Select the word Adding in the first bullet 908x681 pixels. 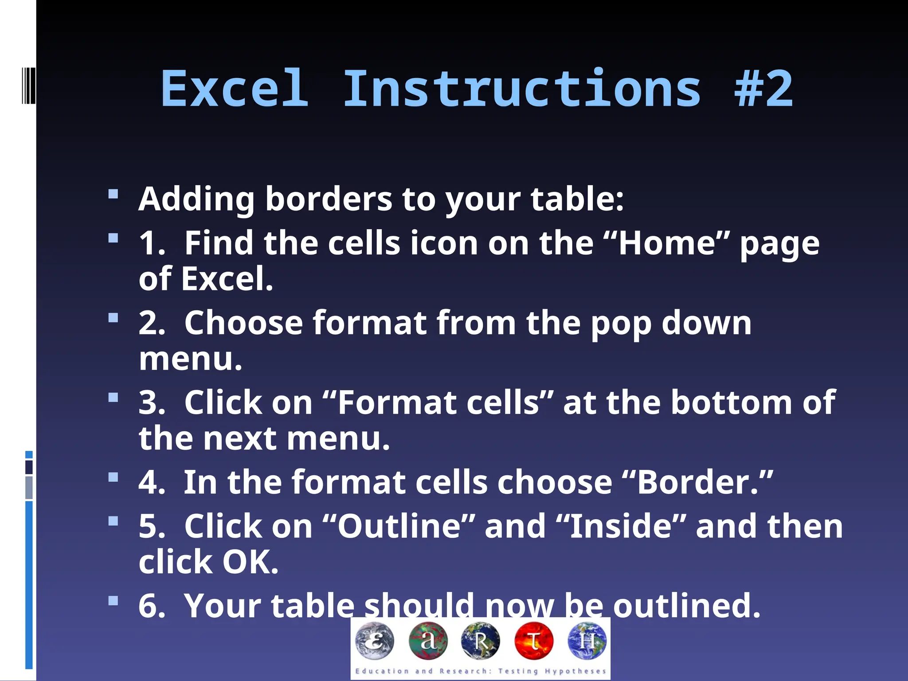tap(196, 199)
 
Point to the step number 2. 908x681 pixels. tap(151, 323)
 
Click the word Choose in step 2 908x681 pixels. tap(243, 323)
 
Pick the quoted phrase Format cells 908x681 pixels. tap(438, 403)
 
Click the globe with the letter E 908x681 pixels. tap(375, 641)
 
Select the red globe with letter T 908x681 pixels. tap(534, 641)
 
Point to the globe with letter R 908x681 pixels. tap(481, 641)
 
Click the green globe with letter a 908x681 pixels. tap(428, 641)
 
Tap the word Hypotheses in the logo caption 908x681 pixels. tap(575, 671)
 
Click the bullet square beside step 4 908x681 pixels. tap(113, 477)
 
